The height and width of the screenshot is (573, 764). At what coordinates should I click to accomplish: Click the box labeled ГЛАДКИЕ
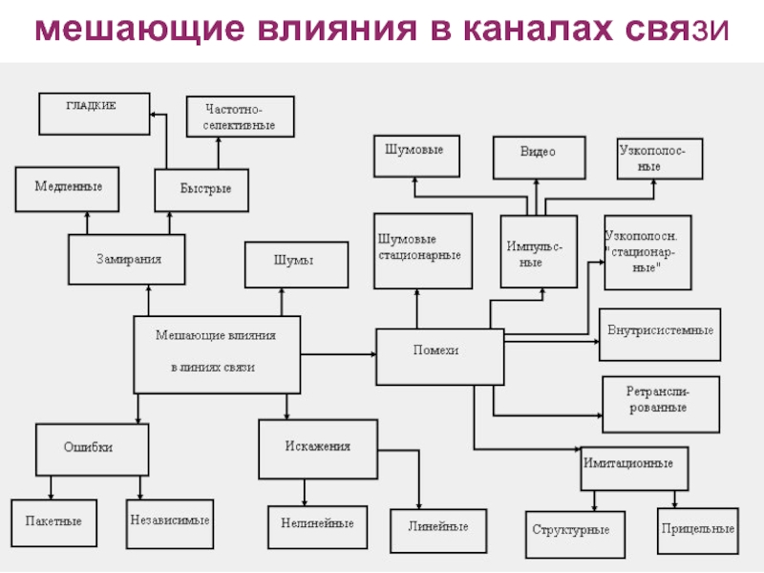coord(94,113)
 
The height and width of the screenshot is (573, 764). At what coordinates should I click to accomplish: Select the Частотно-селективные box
coord(240,117)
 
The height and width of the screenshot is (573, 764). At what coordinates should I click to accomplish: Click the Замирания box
coord(127,259)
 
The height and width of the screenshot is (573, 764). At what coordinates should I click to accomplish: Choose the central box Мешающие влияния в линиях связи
coord(217,353)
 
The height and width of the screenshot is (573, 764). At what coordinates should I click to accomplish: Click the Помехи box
coord(439,356)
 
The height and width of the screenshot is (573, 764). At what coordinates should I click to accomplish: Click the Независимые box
coord(169,521)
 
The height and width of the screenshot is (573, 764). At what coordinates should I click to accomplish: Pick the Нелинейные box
coord(317,524)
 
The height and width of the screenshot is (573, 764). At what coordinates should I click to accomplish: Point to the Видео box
coord(539,157)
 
